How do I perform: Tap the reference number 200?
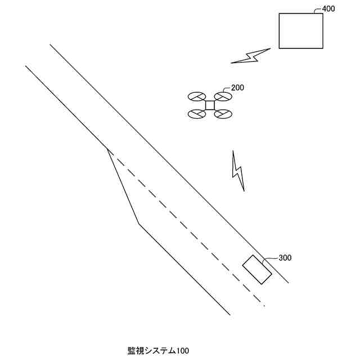237,88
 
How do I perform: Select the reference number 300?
285,258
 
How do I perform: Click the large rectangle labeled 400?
301,31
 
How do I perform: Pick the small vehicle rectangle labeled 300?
257,270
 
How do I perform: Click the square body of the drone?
210,105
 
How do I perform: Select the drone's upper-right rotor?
223,97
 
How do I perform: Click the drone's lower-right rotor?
223,114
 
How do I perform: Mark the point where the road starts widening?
107,149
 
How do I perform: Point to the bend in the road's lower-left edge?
139,224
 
